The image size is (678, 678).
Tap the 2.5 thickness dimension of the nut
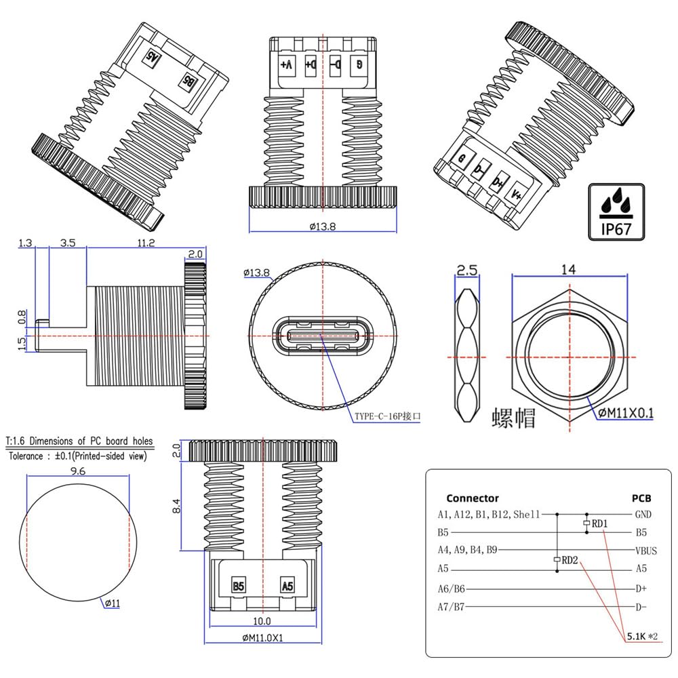point(468,270)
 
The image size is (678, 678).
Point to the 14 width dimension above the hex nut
point(568,269)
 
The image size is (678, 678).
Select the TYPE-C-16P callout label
point(387,417)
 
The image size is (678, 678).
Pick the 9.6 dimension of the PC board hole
point(78,471)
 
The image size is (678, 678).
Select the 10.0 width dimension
point(262,620)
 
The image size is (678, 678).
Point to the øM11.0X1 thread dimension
point(262,637)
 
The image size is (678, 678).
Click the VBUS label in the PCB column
point(645,550)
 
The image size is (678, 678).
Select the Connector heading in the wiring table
point(473,498)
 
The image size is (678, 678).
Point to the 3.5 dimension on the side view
point(67,243)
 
